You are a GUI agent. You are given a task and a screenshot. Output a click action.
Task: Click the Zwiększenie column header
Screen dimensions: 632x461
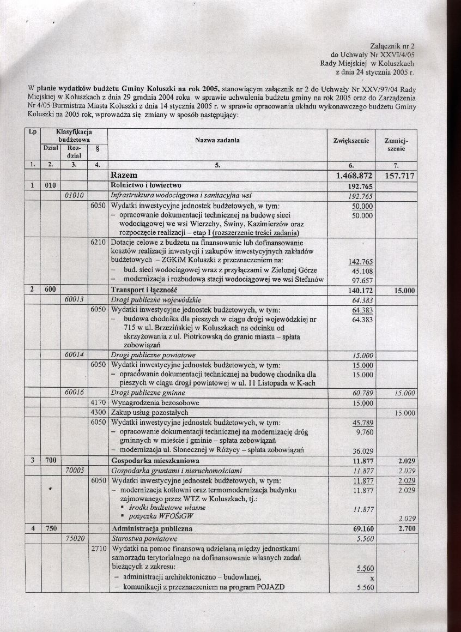pyautogui.click(x=351, y=141)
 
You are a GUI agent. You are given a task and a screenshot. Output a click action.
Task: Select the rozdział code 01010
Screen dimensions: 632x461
pyautogui.click(x=74, y=195)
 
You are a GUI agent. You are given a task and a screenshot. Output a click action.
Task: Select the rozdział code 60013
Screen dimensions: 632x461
pyautogui.click(x=74, y=299)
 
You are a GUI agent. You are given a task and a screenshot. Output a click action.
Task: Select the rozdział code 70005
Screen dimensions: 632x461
pyautogui.click(x=74, y=470)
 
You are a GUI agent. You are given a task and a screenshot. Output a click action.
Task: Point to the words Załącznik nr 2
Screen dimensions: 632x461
pyautogui.click(x=391, y=46)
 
